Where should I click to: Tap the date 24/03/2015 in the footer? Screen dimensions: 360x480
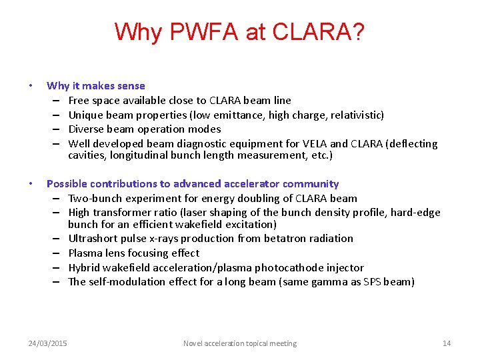coord(47,343)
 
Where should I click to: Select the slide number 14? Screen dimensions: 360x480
coord(447,343)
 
